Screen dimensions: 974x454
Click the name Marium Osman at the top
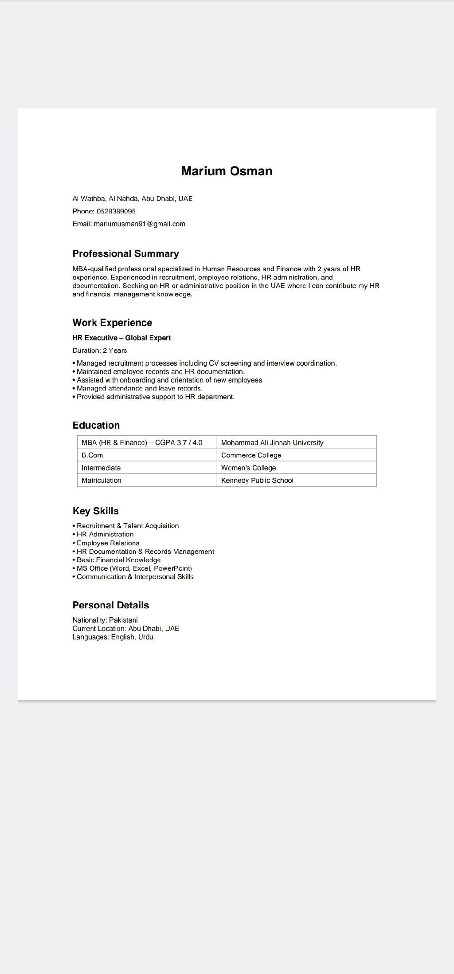[227, 171]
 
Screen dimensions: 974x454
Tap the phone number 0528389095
[116, 211]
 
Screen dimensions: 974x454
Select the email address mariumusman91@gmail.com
[140, 224]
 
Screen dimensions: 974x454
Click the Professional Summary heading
[126, 254]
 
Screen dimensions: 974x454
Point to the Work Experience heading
[112, 323]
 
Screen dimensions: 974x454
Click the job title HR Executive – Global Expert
[121, 338]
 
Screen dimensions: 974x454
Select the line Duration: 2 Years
[100, 351]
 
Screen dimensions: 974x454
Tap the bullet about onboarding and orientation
[170, 380]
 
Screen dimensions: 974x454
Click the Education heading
[96, 425]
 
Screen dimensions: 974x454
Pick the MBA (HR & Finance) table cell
[142, 442]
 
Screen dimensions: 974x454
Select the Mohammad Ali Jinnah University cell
[272, 442]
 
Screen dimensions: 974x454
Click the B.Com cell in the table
[92, 455]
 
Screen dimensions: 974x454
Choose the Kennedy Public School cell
[257, 481]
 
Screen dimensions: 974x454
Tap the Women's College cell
[248, 468]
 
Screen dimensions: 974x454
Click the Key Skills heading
[96, 511]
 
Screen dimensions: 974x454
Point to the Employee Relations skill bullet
[108, 543]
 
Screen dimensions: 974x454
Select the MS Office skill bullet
[134, 568]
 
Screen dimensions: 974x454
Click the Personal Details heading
[111, 605]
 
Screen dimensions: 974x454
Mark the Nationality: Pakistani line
[105, 620]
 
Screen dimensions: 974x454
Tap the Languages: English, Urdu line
[113, 637]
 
